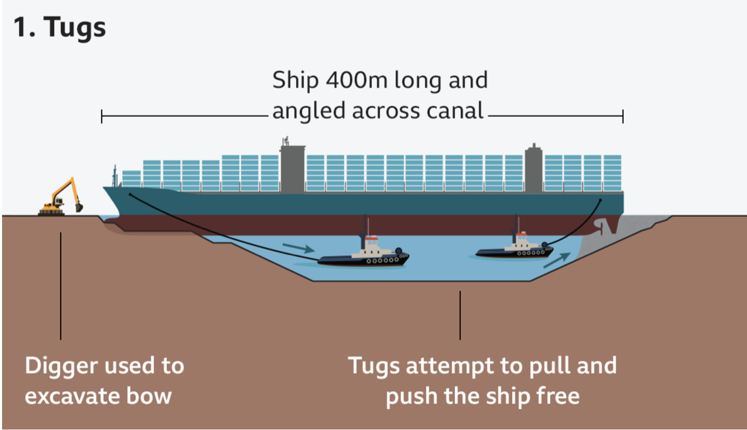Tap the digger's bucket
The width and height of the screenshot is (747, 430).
(79, 207)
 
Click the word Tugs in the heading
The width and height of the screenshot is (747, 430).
(75, 27)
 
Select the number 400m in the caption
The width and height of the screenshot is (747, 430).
(356, 80)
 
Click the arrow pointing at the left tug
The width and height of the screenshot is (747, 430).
(299, 248)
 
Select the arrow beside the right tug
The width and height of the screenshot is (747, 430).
(557, 260)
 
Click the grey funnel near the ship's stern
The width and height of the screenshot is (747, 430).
(533, 168)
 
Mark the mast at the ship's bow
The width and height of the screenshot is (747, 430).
(115, 176)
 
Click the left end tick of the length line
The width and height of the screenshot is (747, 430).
(102, 117)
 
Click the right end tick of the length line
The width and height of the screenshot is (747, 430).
(623, 117)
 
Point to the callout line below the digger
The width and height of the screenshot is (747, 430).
(61, 286)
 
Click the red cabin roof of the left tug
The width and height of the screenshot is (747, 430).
(371, 238)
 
